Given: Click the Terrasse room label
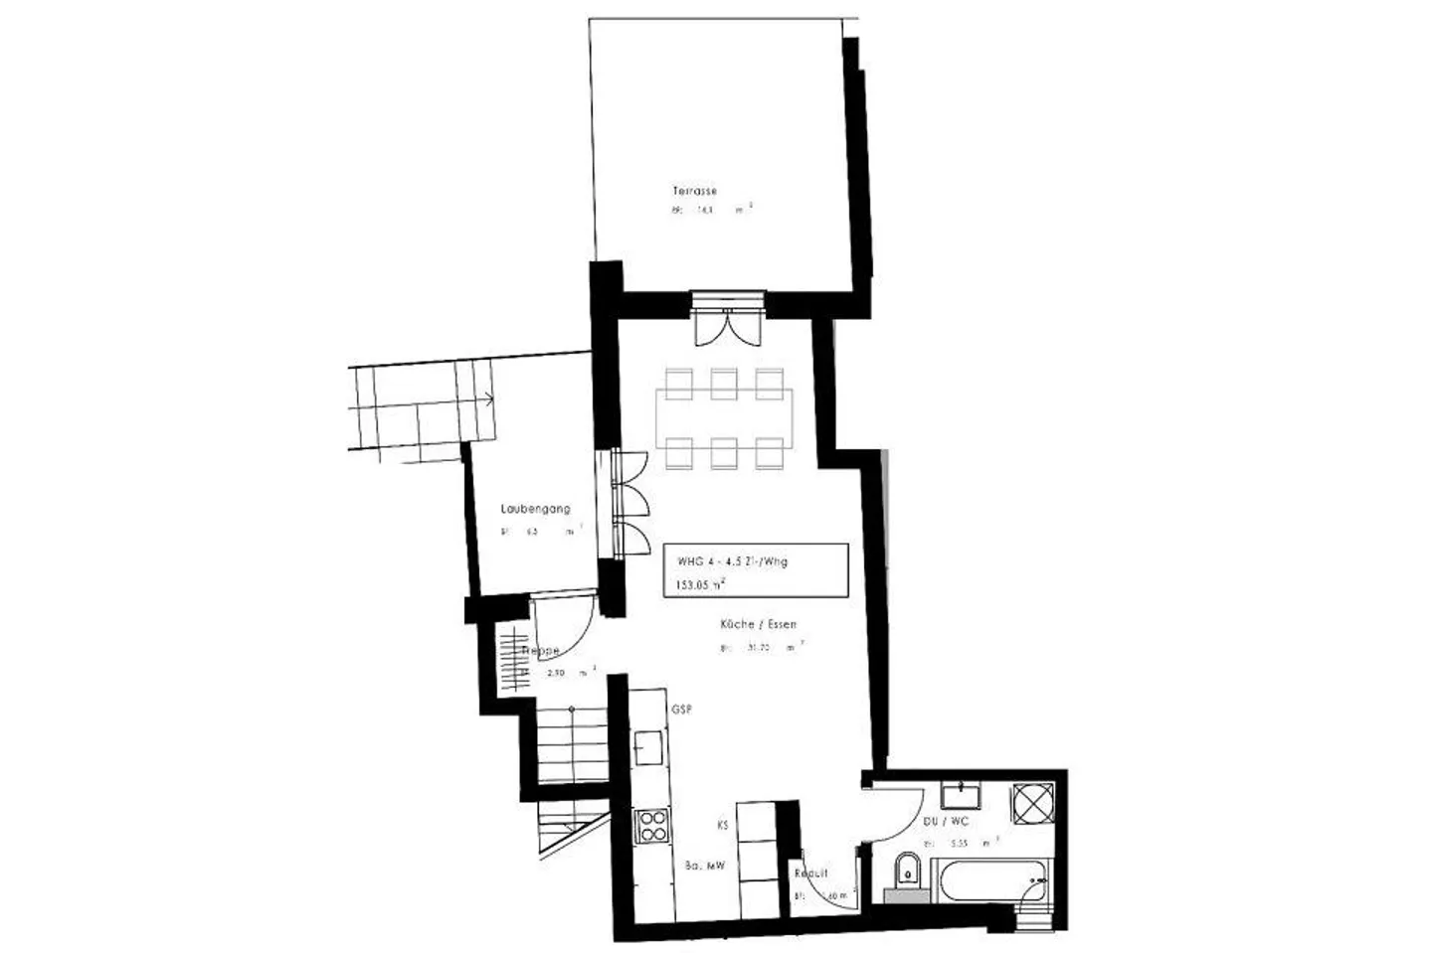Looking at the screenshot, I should (694, 191).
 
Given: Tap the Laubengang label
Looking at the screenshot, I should (535, 509).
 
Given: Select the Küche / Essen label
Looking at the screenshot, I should (759, 625).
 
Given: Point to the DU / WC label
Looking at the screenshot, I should (945, 822).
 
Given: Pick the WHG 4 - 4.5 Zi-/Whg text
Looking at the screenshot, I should (732, 561).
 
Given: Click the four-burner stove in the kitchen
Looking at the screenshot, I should (652, 827).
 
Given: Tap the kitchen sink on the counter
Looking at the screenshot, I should (650, 745).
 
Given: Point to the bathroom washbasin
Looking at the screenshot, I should (961, 796).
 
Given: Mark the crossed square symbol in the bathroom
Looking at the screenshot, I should (1033, 802).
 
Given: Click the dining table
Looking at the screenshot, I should (724, 417).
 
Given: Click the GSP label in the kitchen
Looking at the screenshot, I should (681, 710).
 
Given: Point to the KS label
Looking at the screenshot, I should (722, 825).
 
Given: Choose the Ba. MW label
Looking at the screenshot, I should (705, 866).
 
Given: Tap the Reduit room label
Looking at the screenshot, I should (810, 874).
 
